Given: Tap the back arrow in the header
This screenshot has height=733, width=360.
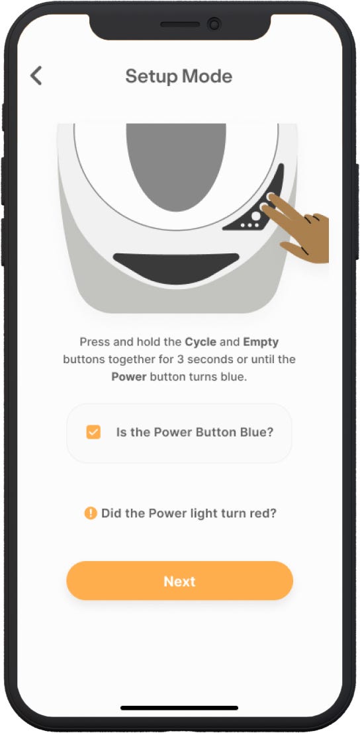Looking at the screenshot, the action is (x=36, y=75).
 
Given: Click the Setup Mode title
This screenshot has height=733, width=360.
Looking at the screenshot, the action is (x=179, y=76).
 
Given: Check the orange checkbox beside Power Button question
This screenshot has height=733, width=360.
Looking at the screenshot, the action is (x=93, y=432).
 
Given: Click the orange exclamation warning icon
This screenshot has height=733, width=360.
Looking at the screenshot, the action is (x=90, y=513).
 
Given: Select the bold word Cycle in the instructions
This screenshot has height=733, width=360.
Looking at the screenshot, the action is (x=201, y=342).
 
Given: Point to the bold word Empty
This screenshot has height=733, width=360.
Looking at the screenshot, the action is (x=261, y=342).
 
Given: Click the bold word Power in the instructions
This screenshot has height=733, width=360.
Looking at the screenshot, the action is (x=129, y=377).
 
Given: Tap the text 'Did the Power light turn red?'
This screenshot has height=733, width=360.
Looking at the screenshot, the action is (x=189, y=513).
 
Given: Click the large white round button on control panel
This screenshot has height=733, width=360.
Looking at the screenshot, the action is (x=255, y=216).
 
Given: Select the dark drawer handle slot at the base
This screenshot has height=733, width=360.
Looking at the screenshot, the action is (x=176, y=267).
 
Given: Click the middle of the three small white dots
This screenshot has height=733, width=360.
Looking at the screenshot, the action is (x=249, y=226).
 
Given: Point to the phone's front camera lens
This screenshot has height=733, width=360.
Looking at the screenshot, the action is (x=214, y=24).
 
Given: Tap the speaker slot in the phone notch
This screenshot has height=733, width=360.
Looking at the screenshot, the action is (x=179, y=24).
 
